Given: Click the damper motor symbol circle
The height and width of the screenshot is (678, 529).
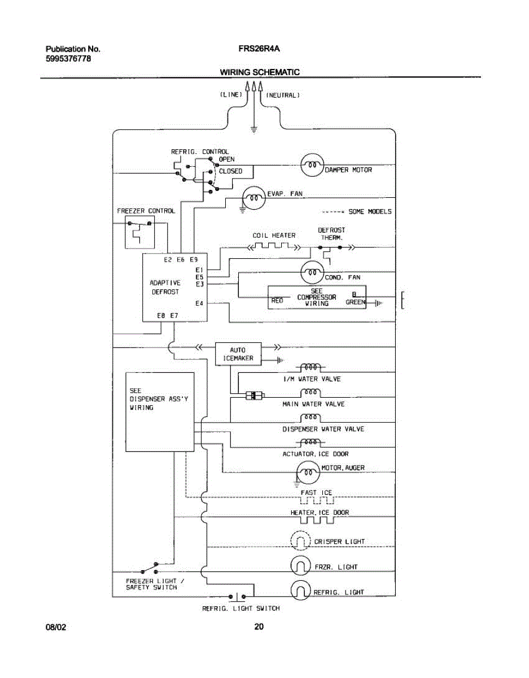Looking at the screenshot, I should [x=311, y=165].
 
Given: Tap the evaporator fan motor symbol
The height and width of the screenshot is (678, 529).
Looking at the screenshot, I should [x=254, y=197].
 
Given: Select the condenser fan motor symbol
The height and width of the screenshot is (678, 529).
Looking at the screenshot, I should [x=311, y=273].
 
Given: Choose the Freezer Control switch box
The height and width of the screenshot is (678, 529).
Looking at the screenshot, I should [x=139, y=232].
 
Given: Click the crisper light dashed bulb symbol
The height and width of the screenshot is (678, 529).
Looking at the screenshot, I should [x=301, y=542].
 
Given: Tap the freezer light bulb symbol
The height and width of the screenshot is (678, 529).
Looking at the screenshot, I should [x=301, y=566].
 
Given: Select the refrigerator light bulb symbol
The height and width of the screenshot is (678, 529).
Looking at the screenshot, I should [x=301, y=590].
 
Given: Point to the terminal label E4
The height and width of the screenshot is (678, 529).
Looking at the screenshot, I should [x=199, y=304].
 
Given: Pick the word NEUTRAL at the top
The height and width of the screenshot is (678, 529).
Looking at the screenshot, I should [x=282, y=95].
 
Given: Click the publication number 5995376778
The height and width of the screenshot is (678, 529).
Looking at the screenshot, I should [x=68, y=59].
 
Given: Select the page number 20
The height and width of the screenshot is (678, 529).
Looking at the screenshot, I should [x=259, y=627].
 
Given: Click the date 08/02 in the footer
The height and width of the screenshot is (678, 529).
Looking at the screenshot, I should [x=56, y=627].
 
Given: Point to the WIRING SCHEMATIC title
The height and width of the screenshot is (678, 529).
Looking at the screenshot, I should [x=260, y=72].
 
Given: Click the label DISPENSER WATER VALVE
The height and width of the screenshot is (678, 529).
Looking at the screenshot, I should [x=323, y=429].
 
